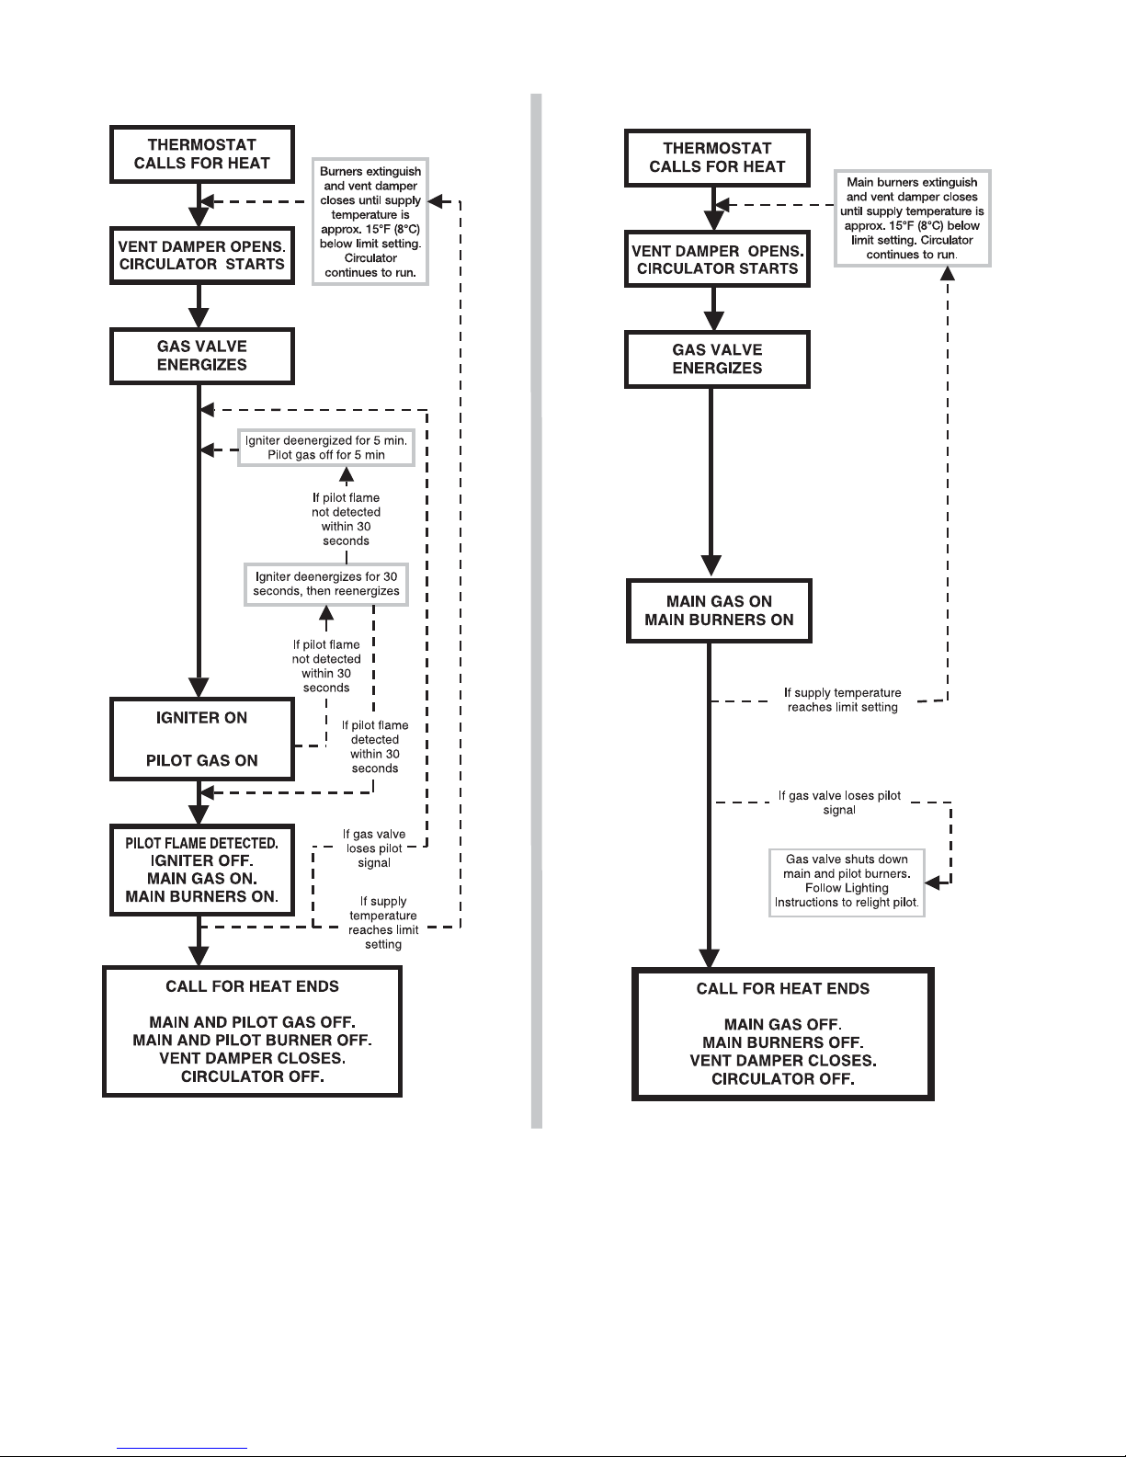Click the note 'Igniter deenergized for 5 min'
tap(325, 448)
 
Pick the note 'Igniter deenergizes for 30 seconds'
tap(325, 584)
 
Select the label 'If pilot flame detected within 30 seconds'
tap(375, 746)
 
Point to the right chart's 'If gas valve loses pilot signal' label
tap(839, 802)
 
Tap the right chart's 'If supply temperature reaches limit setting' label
tap(843, 700)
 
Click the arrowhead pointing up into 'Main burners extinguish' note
tap(947, 274)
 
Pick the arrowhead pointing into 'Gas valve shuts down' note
tap(932, 883)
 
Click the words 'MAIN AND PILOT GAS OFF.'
tap(252, 1022)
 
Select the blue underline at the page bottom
tap(182, 1448)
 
